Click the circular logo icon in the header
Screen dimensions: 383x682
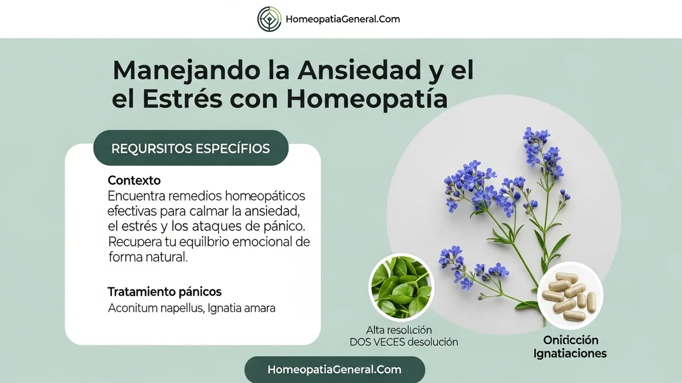269,19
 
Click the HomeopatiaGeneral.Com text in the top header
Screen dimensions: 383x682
343,19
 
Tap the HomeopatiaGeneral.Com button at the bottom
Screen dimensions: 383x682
334,369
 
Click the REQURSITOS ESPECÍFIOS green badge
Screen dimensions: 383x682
190,149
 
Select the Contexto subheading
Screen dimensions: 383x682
134,180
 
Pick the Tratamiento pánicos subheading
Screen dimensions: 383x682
164,292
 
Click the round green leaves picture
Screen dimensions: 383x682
401,285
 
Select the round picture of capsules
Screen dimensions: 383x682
569,295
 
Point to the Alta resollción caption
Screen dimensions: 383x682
399,330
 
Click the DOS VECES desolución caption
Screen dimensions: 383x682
404,342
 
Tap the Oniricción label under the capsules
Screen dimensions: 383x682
571,340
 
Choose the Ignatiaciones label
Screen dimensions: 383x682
570,353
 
